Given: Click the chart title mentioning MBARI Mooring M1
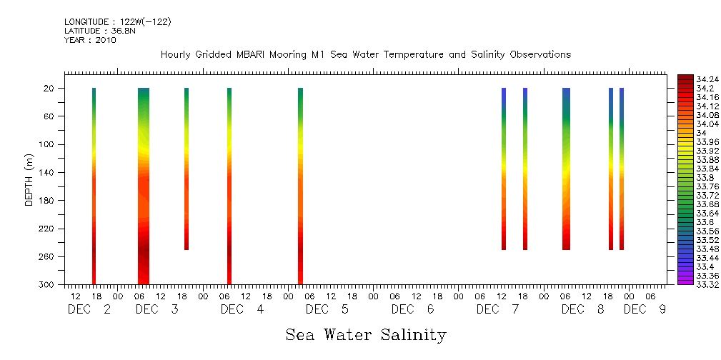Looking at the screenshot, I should [x=365, y=54].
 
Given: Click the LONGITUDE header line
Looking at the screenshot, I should [x=117, y=21].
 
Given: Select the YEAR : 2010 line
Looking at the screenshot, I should [x=90, y=40].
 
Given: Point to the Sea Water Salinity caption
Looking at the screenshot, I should [x=366, y=334].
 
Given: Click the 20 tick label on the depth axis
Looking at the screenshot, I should [x=49, y=88].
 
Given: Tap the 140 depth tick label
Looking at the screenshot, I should [x=47, y=172].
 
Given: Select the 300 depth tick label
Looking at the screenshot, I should [x=47, y=284].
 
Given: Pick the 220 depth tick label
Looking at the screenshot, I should [x=47, y=229].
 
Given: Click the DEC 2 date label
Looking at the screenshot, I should [x=89, y=309].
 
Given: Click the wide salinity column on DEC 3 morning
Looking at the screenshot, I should [x=144, y=186].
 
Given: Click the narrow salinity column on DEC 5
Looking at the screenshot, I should [x=300, y=186].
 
